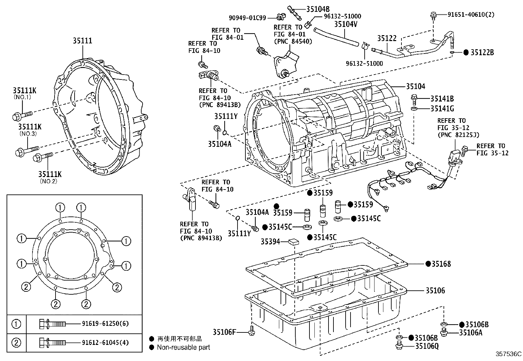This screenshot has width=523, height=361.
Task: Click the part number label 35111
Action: point(82,41)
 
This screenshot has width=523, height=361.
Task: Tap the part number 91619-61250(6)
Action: point(105,324)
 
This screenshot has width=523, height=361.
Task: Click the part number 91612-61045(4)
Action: point(105,343)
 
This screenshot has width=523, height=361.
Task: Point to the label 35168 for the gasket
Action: point(441,264)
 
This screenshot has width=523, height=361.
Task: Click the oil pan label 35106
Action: point(435,290)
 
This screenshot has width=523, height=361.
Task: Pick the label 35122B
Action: point(482,53)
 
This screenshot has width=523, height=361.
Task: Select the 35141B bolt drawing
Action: point(414,98)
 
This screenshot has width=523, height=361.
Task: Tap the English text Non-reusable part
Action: point(183,347)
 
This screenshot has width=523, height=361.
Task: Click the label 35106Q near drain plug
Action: point(427,346)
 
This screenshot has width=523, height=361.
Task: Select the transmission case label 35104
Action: point(415,86)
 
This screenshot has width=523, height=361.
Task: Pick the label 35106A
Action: point(470,332)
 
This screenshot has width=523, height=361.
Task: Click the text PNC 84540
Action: point(293,41)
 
